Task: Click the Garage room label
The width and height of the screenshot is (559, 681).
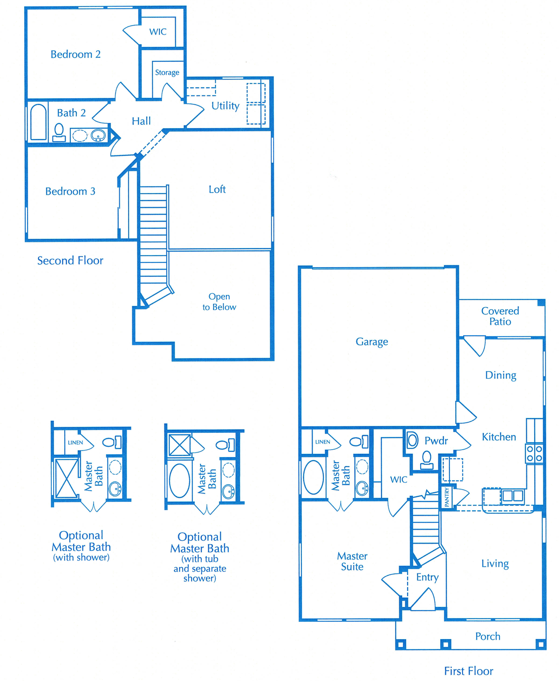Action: (372, 342)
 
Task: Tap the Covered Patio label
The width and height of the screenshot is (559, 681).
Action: (500, 316)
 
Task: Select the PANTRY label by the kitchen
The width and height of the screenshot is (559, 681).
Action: (447, 497)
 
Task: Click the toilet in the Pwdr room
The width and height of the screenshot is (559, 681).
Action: (427, 460)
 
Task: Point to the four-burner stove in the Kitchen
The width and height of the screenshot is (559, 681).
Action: (534, 454)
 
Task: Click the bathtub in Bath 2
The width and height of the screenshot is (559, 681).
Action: (39, 122)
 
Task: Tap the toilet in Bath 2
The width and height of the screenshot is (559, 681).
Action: (59, 132)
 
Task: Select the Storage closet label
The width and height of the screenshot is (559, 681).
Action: (167, 72)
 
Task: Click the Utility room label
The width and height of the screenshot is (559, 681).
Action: (225, 106)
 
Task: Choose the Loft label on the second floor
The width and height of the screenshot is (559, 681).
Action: (217, 189)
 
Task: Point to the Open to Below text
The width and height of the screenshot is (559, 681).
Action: (219, 302)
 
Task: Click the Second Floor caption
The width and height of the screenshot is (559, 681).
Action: (70, 260)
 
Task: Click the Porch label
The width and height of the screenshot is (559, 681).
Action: (488, 636)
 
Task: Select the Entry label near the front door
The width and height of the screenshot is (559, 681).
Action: (427, 577)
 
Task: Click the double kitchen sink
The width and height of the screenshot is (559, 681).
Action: (512, 495)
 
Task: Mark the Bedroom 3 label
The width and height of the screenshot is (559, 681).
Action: (70, 191)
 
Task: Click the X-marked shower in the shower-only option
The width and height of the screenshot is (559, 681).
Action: (66, 479)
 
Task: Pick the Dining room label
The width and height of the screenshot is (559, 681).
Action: (500, 375)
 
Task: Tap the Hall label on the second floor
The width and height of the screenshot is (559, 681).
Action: (141, 121)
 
